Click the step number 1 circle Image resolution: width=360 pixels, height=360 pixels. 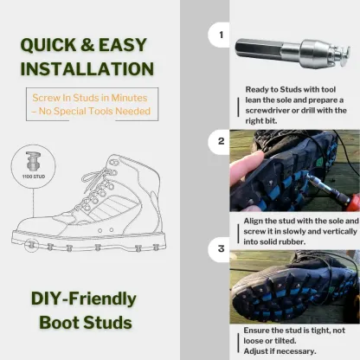click(x=221, y=37)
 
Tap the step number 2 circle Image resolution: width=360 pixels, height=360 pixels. click(x=221, y=140)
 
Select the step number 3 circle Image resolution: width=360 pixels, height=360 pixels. click(x=221, y=251)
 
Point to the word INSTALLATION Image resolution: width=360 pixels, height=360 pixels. click(x=87, y=69)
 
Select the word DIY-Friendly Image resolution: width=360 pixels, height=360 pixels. click(x=84, y=299)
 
